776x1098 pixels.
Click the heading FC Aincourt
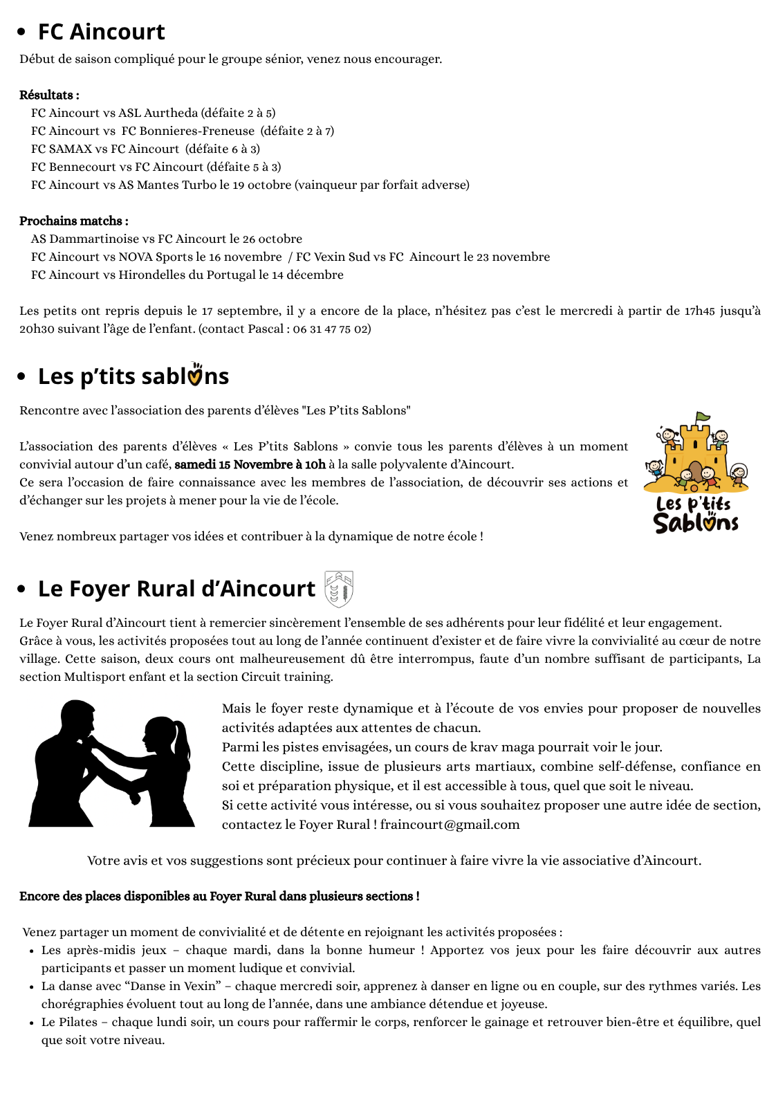tap(101, 32)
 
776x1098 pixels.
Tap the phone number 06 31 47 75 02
tap(331, 329)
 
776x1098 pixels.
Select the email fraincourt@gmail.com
tap(450, 824)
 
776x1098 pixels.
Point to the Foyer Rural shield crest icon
tap(339, 589)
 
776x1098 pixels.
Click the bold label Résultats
tap(48, 95)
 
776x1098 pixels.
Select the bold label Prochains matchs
tap(73, 221)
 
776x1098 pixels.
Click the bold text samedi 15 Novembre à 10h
tap(250, 464)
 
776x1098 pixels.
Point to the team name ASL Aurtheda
tap(158, 113)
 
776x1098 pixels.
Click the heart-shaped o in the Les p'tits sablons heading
tap(196, 376)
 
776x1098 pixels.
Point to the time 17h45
tap(699, 311)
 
